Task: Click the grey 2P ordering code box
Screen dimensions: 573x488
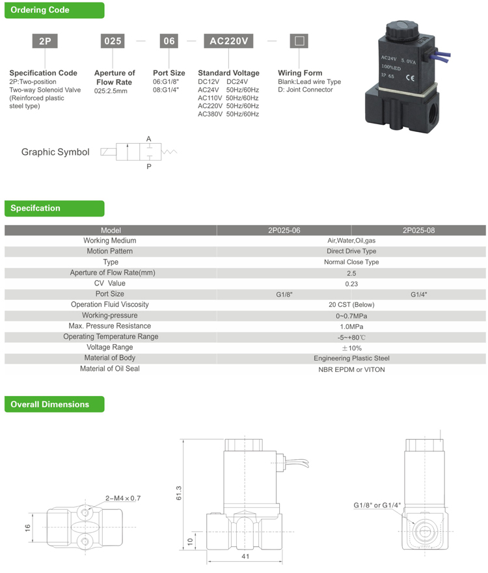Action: point(46,40)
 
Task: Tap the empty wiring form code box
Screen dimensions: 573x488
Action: point(299,40)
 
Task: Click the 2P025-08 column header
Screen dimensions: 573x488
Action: point(418,230)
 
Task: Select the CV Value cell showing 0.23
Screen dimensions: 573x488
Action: point(351,284)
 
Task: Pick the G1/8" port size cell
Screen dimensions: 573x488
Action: point(284,295)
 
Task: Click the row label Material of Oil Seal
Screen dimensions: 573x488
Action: point(110,369)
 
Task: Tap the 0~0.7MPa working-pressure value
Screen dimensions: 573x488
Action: point(351,315)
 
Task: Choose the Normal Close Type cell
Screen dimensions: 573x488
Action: point(351,262)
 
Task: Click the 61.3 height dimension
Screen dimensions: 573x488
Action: point(180,494)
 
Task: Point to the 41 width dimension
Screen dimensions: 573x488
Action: point(246,557)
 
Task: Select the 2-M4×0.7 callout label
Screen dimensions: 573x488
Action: point(123,498)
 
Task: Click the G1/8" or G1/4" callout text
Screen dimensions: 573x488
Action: point(377,505)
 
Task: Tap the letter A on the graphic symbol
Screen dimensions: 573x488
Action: point(148,139)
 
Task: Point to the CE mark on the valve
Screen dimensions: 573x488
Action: point(411,78)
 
